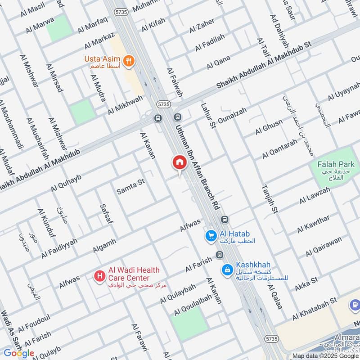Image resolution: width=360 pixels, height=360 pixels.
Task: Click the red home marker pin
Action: pyautogui.click(x=179, y=162)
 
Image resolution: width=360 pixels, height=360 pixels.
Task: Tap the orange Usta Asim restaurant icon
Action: pyautogui.click(x=129, y=62)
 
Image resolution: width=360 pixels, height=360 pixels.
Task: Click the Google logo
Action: pyautogui.click(x=19, y=353)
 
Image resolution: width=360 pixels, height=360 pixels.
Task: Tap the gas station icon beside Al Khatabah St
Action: pyautogui.click(x=354, y=306)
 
